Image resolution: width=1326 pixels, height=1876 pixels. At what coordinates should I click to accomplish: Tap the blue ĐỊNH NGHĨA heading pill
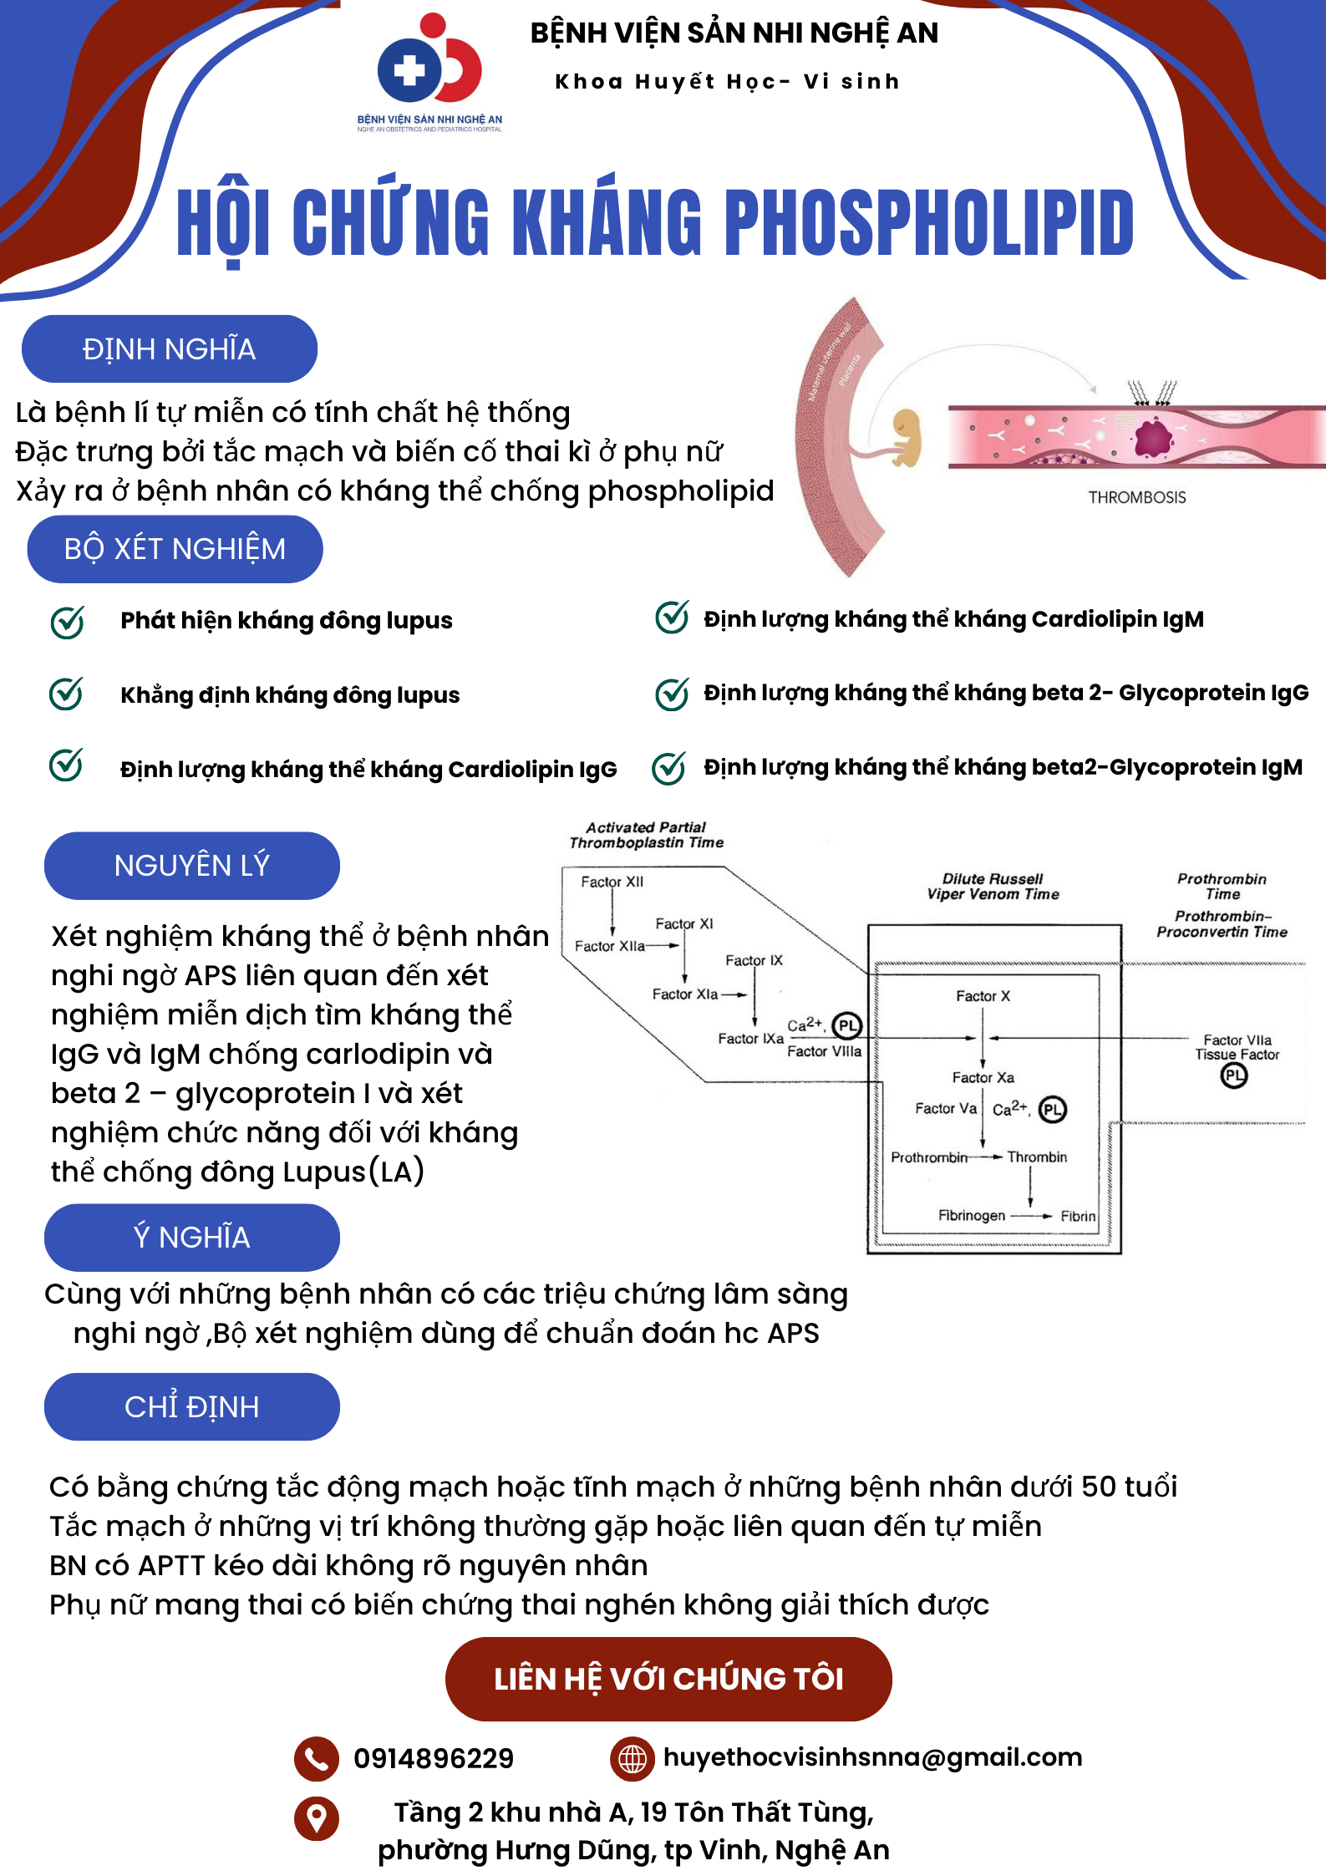(x=170, y=348)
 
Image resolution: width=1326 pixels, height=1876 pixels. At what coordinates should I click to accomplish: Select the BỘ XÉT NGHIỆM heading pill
(x=175, y=549)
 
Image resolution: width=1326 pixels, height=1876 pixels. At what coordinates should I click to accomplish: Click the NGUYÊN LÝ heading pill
(x=191, y=865)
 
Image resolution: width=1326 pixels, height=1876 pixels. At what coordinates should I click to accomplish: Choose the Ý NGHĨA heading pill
(x=191, y=1237)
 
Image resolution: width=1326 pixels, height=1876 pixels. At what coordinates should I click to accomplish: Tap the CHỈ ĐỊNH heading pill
(x=191, y=1406)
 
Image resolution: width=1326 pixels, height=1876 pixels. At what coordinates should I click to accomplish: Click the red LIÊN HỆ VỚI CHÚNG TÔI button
(x=668, y=1678)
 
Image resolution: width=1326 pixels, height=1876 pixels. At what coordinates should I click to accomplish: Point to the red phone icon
(x=316, y=1758)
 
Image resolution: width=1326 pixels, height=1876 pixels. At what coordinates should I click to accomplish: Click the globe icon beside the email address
(x=633, y=1758)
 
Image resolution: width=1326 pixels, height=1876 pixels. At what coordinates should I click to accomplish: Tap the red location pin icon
(x=316, y=1818)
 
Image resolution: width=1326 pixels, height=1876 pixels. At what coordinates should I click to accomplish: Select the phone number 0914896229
(x=434, y=1758)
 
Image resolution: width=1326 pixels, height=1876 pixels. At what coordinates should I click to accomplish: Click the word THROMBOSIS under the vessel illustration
(x=1136, y=497)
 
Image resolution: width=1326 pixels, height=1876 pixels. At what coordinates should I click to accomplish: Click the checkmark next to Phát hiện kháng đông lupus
(x=67, y=622)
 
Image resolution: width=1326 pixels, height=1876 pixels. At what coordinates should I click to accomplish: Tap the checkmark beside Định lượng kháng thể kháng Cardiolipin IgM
(x=672, y=618)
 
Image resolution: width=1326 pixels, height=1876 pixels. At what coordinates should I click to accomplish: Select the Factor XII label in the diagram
(x=612, y=882)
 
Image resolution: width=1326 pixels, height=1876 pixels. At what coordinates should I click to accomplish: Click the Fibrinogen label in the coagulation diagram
(x=972, y=1216)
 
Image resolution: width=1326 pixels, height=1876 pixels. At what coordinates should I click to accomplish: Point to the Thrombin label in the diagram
(x=1037, y=1157)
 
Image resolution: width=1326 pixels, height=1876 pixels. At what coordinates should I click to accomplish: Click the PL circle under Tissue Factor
(x=1234, y=1075)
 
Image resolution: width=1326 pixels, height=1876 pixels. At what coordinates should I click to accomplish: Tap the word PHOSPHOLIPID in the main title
(x=928, y=222)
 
